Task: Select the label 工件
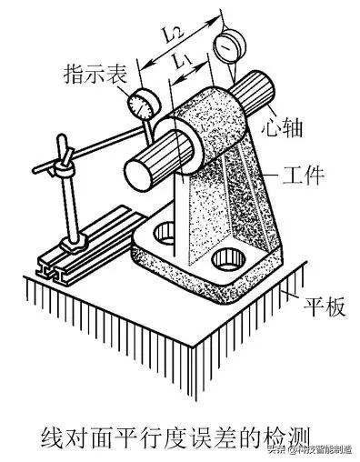pyautogui.click(x=300, y=175)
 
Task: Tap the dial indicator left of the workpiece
pyautogui.click(x=142, y=102)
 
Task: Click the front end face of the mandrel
pyautogui.click(x=139, y=170)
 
